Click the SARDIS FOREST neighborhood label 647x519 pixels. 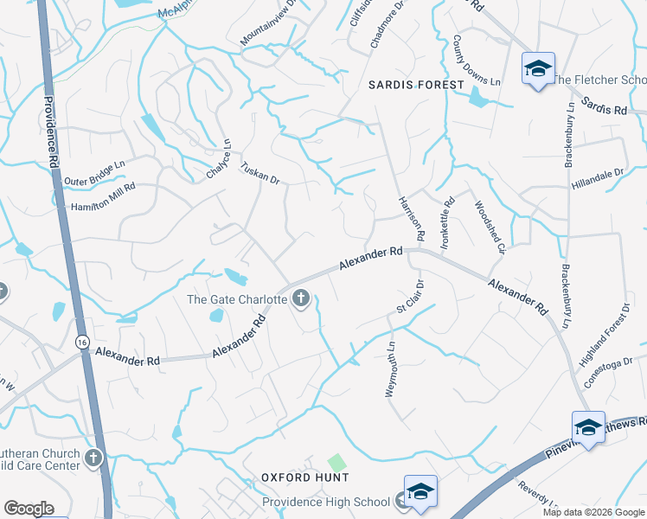(x=416, y=85)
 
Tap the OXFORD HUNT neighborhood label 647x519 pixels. (x=305, y=477)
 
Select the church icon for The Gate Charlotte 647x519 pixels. (x=301, y=299)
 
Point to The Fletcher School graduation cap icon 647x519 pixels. (x=537, y=68)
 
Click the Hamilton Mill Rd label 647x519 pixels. (x=103, y=197)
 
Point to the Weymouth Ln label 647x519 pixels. (x=390, y=369)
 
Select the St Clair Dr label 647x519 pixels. (x=409, y=296)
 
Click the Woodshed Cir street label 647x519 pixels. (x=490, y=227)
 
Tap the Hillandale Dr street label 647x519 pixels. (x=598, y=180)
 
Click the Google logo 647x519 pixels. (x=29, y=509)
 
